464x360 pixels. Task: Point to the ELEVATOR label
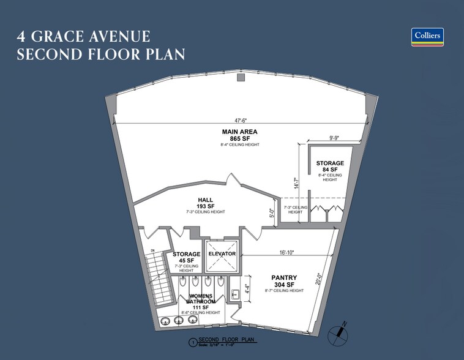click(222, 253)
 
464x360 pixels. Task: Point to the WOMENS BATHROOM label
click(200, 299)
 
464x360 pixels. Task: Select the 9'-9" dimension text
click(329, 138)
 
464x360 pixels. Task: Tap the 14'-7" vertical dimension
click(297, 183)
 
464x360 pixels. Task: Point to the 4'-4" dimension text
click(246, 288)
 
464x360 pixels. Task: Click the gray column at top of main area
click(241, 78)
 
